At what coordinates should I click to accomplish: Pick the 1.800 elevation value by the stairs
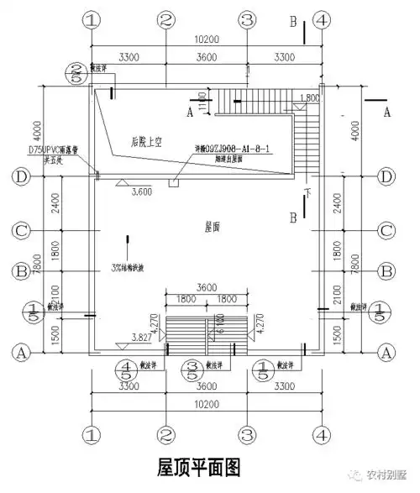click(308, 98)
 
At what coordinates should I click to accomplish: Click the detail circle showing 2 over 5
click(77, 74)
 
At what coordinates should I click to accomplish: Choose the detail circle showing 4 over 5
click(126, 371)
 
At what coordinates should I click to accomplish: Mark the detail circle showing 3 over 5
click(192, 371)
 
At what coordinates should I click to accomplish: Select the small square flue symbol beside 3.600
click(173, 181)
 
